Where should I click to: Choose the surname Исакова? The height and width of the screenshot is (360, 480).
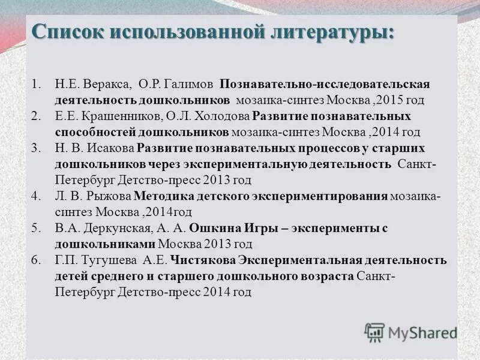coord(110,148)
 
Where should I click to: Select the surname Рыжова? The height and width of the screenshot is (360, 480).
coord(107,196)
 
